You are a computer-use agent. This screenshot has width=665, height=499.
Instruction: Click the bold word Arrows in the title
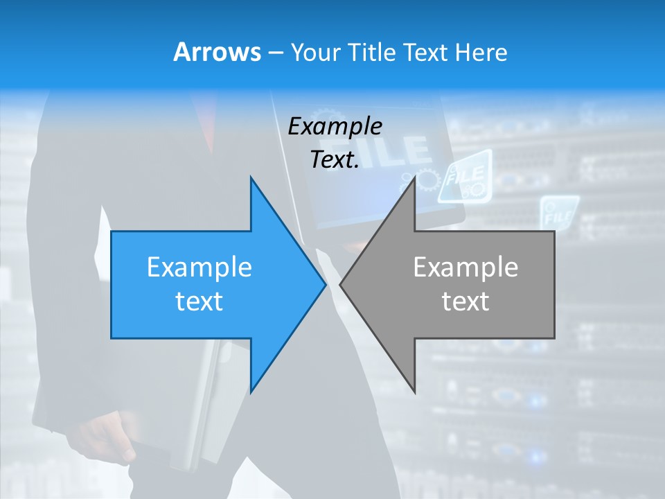click(218, 53)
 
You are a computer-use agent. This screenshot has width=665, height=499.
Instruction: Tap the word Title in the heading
click(374, 53)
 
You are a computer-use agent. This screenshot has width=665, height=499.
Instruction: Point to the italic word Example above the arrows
click(335, 126)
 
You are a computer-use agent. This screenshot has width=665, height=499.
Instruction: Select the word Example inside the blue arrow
click(199, 267)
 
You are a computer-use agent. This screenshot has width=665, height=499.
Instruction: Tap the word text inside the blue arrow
click(199, 301)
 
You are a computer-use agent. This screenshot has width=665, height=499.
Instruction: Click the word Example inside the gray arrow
click(465, 267)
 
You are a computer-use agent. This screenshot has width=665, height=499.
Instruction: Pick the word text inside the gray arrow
click(465, 301)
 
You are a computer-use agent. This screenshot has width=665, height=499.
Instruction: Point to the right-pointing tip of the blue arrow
click(325, 284)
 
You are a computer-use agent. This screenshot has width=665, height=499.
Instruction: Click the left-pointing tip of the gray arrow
click(341, 284)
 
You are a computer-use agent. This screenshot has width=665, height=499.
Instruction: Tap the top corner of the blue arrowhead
click(251, 178)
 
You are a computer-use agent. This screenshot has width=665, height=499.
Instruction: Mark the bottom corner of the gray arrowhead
click(414, 392)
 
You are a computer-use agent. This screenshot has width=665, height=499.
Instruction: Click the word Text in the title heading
click(425, 53)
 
